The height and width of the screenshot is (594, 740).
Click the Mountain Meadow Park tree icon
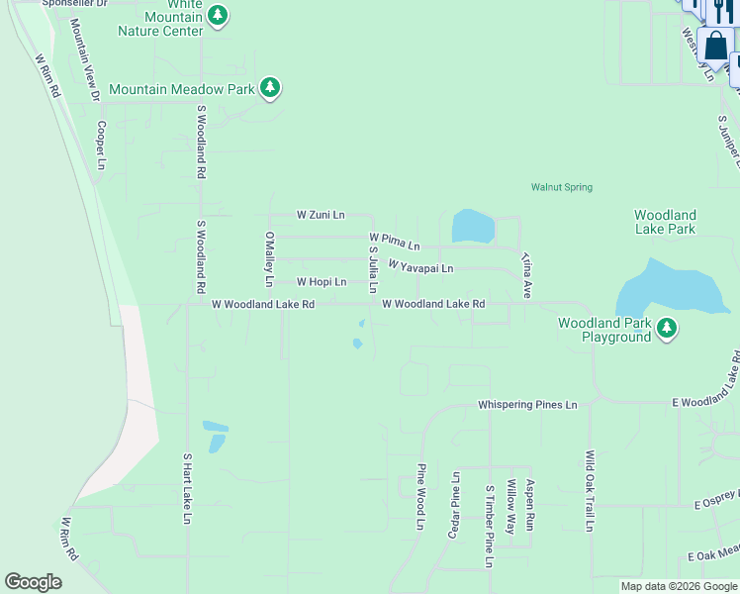270,89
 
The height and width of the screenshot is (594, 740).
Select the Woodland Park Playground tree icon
668,329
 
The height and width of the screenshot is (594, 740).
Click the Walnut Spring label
561,186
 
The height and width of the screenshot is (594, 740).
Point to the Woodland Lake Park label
665,222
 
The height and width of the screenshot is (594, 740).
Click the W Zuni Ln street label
321,214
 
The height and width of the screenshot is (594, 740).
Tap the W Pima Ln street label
394,241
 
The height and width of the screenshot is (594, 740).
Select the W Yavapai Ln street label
420,267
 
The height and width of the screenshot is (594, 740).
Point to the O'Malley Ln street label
268,259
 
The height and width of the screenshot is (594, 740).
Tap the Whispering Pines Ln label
527,404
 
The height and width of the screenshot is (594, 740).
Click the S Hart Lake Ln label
186,488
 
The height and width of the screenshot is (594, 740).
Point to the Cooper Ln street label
100,145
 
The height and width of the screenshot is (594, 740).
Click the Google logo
33,582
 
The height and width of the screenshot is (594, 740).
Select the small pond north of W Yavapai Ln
473,227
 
